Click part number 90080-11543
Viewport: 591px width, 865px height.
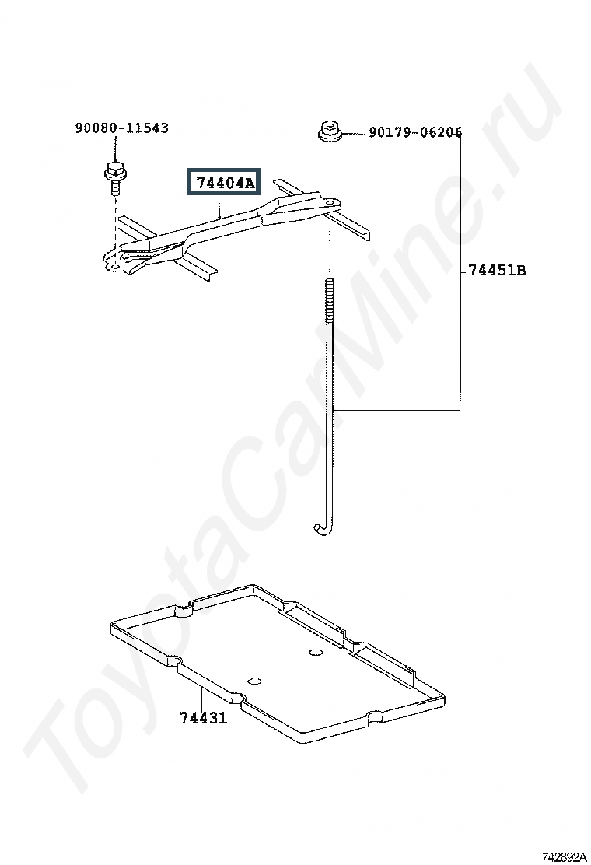click(x=121, y=128)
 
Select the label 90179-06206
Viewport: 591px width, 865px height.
click(x=415, y=133)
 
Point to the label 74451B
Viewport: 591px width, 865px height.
click(x=497, y=271)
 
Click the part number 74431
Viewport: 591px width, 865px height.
click(x=203, y=717)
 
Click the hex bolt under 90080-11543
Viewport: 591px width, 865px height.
click(x=114, y=175)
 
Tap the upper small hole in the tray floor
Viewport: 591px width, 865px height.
click(x=315, y=652)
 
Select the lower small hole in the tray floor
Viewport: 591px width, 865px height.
click(x=253, y=681)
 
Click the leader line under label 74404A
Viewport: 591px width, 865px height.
click(x=221, y=207)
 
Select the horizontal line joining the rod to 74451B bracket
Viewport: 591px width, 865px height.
click(x=397, y=410)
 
